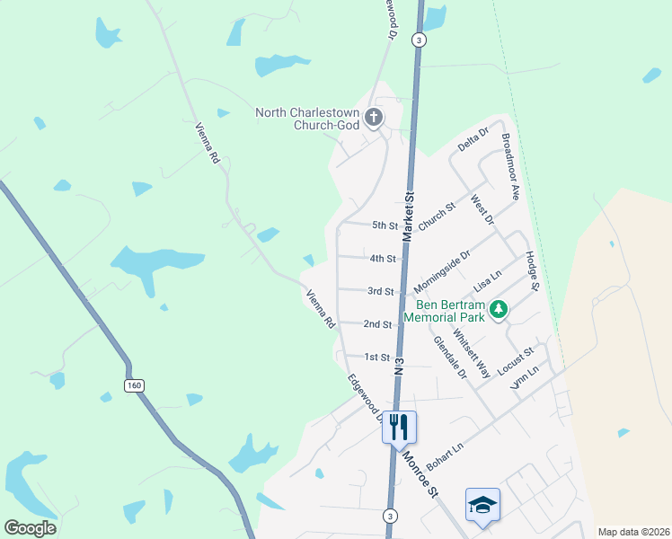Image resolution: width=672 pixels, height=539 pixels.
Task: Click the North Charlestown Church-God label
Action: tap(307, 119)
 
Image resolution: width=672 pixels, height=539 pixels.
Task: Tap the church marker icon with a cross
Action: tap(374, 117)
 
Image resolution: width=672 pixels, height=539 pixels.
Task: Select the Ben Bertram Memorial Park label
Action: tap(444, 311)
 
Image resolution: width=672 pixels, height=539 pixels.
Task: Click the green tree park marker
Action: tap(498, 311)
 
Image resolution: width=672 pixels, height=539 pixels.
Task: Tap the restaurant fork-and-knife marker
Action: tap(399, 427)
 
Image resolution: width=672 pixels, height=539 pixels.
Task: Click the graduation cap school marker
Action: tap(482, 506)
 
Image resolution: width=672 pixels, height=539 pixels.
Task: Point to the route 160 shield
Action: tap(132, 385)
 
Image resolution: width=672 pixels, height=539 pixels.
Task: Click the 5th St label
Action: tap(385, 225)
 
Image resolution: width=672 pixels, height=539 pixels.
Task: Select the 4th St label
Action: tap(383, 259)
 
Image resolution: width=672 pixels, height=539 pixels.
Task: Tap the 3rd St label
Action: tap(380, 291)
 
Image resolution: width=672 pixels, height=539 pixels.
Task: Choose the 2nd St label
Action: tap(377, 324)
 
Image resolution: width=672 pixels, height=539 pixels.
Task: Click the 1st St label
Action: tap(376, 358)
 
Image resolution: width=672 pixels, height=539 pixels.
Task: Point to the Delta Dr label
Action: tap(472, 139)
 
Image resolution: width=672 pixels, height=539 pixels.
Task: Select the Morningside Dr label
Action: tap(442, 272)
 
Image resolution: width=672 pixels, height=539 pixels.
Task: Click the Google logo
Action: tap(30, 528)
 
